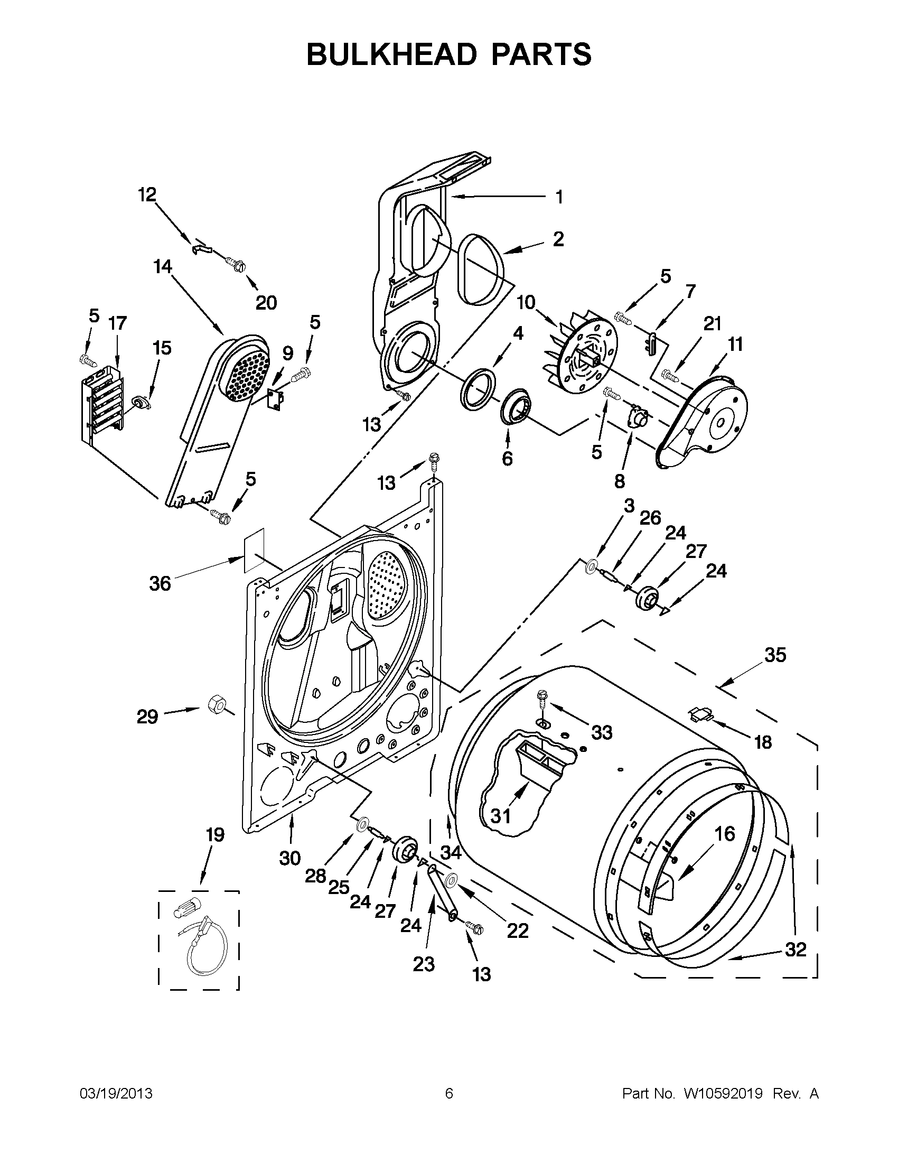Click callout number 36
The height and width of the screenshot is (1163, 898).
tap(160, 584)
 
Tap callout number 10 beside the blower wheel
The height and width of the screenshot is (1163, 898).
tap(526, 302)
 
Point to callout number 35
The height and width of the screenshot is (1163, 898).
tap(775, 655)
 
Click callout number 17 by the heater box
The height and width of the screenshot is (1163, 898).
tap(118, 323)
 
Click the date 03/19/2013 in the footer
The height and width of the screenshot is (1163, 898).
tap(116, 1093)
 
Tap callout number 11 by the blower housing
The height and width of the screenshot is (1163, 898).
tap(735, 345)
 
